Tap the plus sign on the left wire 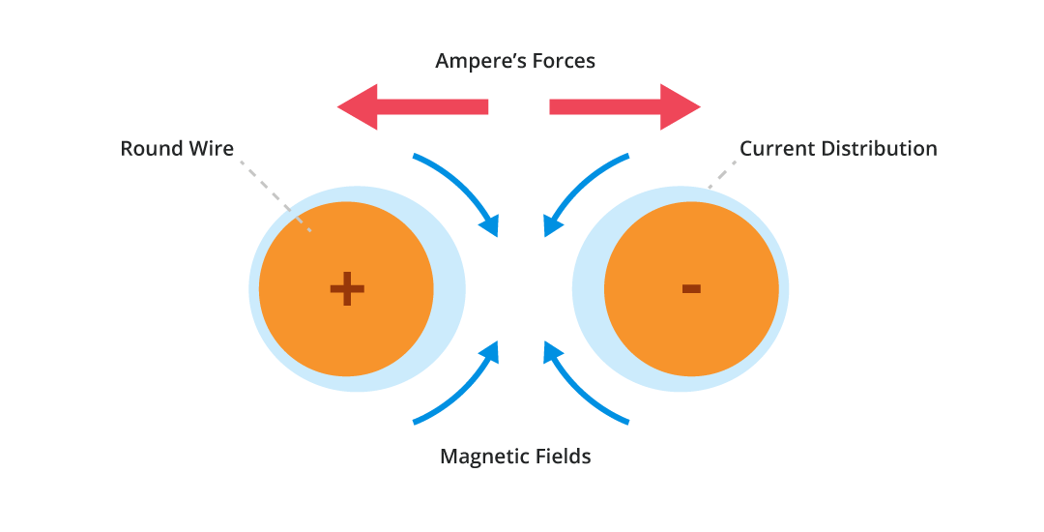pyautogui.click(x=346, y=288)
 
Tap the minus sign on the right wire pyautogui.click(x=691, y=287)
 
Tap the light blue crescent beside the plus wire pyautogui.click(x=449, y=290)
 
